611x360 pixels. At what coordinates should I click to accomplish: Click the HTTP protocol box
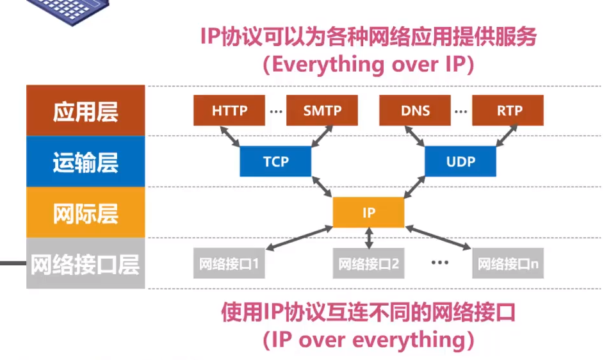pyautogui.click(x=229, y=110)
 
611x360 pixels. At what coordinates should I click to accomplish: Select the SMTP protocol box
pyautogui.click(x=322, y=110)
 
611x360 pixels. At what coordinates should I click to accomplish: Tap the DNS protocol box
pyautogui.click(x=415, y=110)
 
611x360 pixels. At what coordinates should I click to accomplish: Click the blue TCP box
pyautogui.click(x=275, y=161)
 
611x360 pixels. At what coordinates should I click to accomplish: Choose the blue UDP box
pyautogui.click(x=460, y=161)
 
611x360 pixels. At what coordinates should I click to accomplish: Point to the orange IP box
pyautogui.click(x=368, y=213)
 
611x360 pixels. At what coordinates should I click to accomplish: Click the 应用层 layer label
pyautogui.click(x=85, y=110)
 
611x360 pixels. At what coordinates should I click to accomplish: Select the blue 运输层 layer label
pyautogui.click(x=85, y=161)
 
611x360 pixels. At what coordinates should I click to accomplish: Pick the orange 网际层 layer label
pyautogui.click(x=85, y=213)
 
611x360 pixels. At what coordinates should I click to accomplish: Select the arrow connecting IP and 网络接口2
pyautogui.click(x=368, y=238)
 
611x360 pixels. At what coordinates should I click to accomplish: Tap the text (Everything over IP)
pyautogui.click(x=368, y=65)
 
